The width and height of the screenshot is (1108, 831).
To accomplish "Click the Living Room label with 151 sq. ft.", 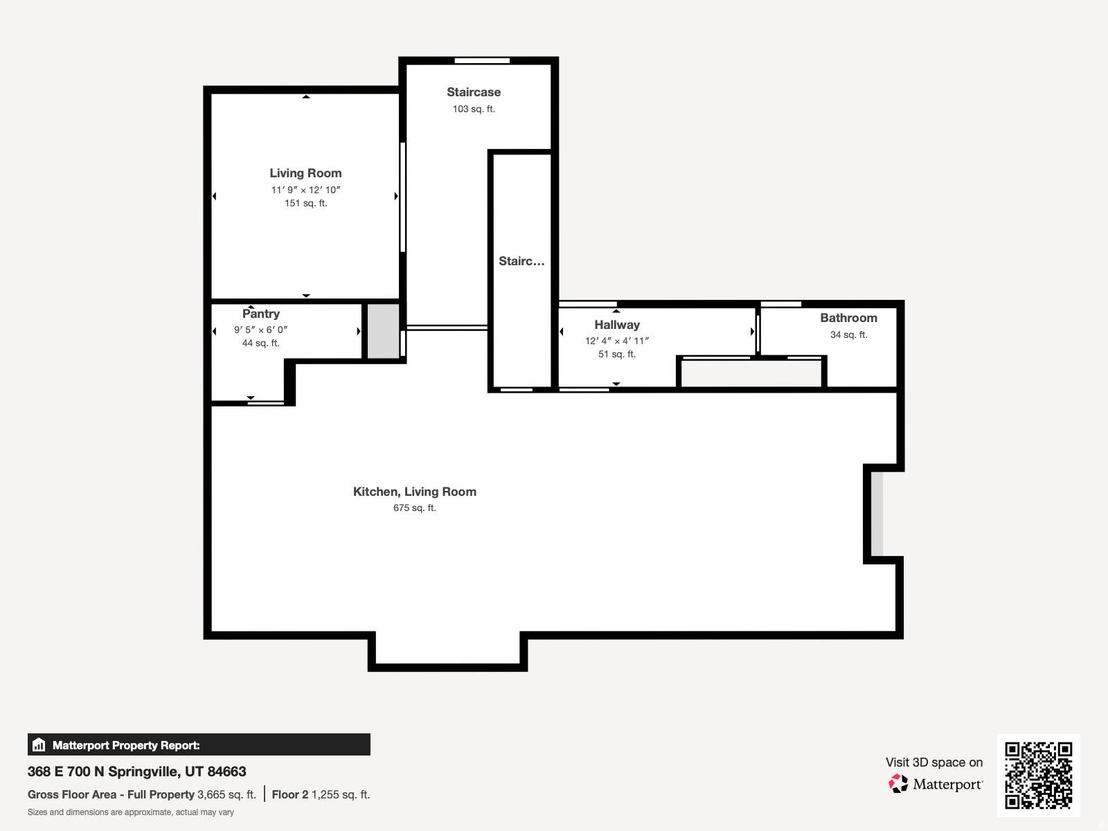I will coord(305,173).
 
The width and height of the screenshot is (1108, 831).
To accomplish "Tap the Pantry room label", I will coord(261,314).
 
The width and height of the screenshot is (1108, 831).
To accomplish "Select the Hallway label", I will coord(616,325).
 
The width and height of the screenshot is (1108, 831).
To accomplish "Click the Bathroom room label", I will coord(848,318).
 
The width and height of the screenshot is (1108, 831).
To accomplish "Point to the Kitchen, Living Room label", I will coord(414,492).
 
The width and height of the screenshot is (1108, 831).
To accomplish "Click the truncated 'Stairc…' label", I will coord(521,261).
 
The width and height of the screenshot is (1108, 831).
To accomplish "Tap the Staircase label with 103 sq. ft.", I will coord(473,92).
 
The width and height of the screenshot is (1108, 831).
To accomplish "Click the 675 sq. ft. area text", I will coord(414,508).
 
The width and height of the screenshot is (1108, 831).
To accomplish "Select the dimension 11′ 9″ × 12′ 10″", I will coord(305,190).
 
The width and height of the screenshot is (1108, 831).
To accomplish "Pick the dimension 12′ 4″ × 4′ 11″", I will coord(616,341).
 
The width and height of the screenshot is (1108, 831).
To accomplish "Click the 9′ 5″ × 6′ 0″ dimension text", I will coord(260,330).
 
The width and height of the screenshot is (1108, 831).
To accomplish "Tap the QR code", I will coord(1038,775).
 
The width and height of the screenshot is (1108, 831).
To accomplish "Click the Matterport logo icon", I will coord(898,784).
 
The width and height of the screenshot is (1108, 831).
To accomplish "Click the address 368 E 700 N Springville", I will coord(136,771).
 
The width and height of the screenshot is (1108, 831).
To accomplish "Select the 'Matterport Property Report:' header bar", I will coord(199,745).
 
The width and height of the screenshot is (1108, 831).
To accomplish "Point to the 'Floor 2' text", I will coord(289,794).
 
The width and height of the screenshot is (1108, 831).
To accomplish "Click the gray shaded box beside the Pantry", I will coord(383,331).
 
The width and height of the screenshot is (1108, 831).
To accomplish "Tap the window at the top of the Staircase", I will coord(482,61).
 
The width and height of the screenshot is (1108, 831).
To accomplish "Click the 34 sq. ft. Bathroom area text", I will coord(848,334).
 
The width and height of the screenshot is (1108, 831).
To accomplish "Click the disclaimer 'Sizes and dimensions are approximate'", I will coord(130,812).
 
